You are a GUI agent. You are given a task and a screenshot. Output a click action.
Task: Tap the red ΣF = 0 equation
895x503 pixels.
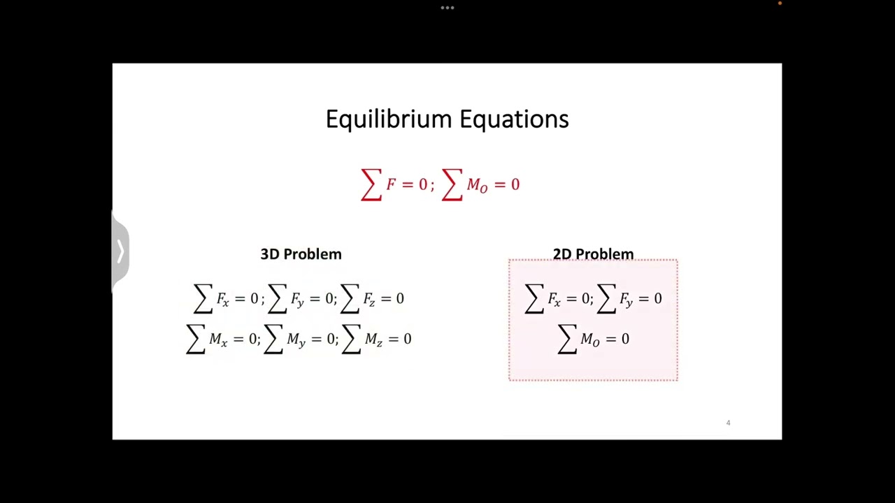tap(396, 184)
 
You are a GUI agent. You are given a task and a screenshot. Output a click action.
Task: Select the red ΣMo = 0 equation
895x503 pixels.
tap(482, 184)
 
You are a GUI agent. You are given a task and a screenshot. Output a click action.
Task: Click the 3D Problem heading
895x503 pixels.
tap(301, 254)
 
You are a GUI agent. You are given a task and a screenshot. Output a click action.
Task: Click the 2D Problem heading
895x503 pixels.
tap(593, 254)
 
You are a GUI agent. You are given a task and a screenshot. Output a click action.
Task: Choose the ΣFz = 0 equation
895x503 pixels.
tap(373, 299)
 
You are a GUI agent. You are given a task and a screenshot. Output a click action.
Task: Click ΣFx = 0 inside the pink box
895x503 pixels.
tap(558, 299)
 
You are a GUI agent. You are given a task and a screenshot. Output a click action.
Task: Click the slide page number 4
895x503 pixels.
tap(728, 423)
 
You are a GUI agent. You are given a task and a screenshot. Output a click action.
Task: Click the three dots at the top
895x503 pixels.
tap(447, 8)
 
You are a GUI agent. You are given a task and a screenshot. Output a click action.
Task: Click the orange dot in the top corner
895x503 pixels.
tap(780, 3)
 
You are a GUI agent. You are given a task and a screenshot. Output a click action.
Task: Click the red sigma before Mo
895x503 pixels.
tap(452, 185)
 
